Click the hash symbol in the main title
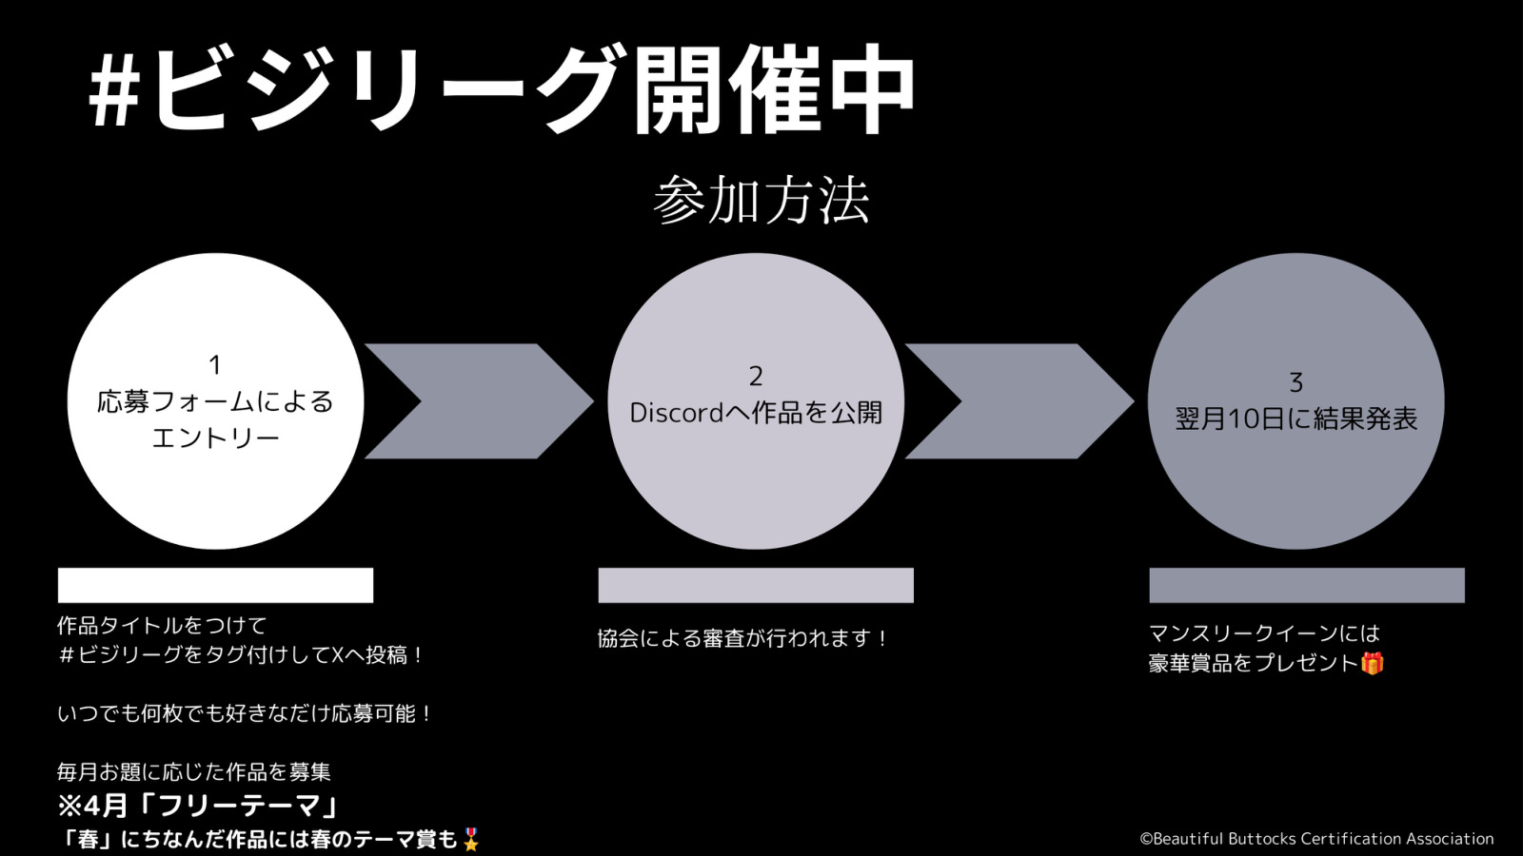114,96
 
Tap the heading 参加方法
761,200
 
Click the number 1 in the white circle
215,365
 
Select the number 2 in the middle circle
756,377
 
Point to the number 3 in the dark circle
1296,382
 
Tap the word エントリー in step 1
215,438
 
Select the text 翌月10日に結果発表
1296,418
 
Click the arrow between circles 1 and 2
480,400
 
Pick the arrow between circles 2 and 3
1019,400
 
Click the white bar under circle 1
215,585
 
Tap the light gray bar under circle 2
756,585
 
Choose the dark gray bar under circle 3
1307,585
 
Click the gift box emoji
1372,663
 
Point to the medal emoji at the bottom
470,840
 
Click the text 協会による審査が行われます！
743,638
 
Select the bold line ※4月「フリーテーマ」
198,806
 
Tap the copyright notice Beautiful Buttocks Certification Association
1316,838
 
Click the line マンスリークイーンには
1264,633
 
